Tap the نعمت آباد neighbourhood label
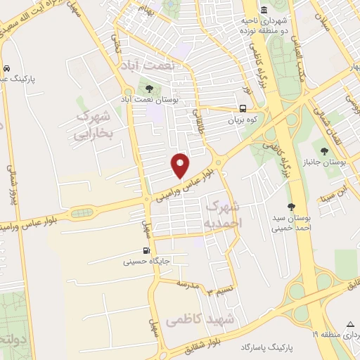point(162,64)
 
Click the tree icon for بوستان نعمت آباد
point(149,88)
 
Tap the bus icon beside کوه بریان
point(243,109)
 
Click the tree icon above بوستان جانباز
point(324,150)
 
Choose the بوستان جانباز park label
point(334,162)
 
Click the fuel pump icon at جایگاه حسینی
point(146,250)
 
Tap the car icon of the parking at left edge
point(6,69)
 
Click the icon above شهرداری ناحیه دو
point(264,11)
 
